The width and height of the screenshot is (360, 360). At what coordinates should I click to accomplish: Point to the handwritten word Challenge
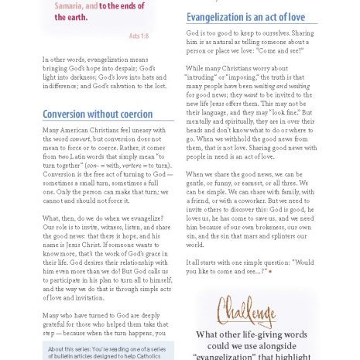click(x=246, y=313)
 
